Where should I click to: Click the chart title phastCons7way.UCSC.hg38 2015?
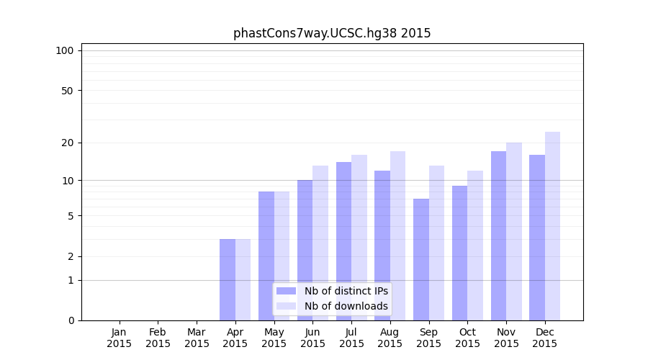pyautogui.click(x=332, y=33)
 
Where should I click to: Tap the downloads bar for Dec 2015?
pyautogui.click(x=552, y=226)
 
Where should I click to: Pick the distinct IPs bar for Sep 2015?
pyautogui.click(x=421, y=259)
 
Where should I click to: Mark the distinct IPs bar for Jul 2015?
pyautogui.click(x=343, y=241)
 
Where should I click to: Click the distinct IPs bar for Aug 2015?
pyautogui.click(x=382, y=246)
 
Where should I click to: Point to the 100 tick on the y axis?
pyautogui.click(x=65, y=50)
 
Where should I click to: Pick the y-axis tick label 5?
pyautogui.click(x=71, y=216)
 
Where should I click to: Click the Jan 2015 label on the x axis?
pyautogui.click(x=120, y=338)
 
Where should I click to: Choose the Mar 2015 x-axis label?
pyautogui.click(x=197, y=338)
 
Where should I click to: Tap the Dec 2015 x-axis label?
pyautogui.click(x=545, y=338)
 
